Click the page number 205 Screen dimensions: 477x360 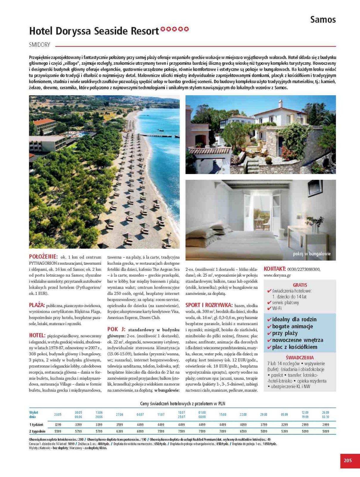[347, 460]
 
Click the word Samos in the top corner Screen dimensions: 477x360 [323, 20]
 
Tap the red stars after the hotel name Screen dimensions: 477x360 [174, 29]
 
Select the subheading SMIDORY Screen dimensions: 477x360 [40, 45]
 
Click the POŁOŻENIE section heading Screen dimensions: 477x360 [43, 256]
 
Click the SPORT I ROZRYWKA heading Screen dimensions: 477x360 [209, 305]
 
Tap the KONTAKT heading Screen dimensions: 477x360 [274, 269]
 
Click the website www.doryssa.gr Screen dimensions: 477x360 [277, 275]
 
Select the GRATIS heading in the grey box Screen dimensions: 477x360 [300, 285]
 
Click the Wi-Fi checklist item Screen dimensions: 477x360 [277, 308]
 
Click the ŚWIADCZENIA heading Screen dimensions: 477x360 [300, 357]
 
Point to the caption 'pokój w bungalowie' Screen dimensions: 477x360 [312, 254]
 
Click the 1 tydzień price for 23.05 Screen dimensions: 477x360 [58, 425]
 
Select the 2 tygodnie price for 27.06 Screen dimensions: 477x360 [120, 431]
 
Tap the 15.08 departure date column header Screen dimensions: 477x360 [223, 414]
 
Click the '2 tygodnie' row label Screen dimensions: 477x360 [37, 431]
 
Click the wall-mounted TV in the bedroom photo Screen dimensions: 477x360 [315, 187]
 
